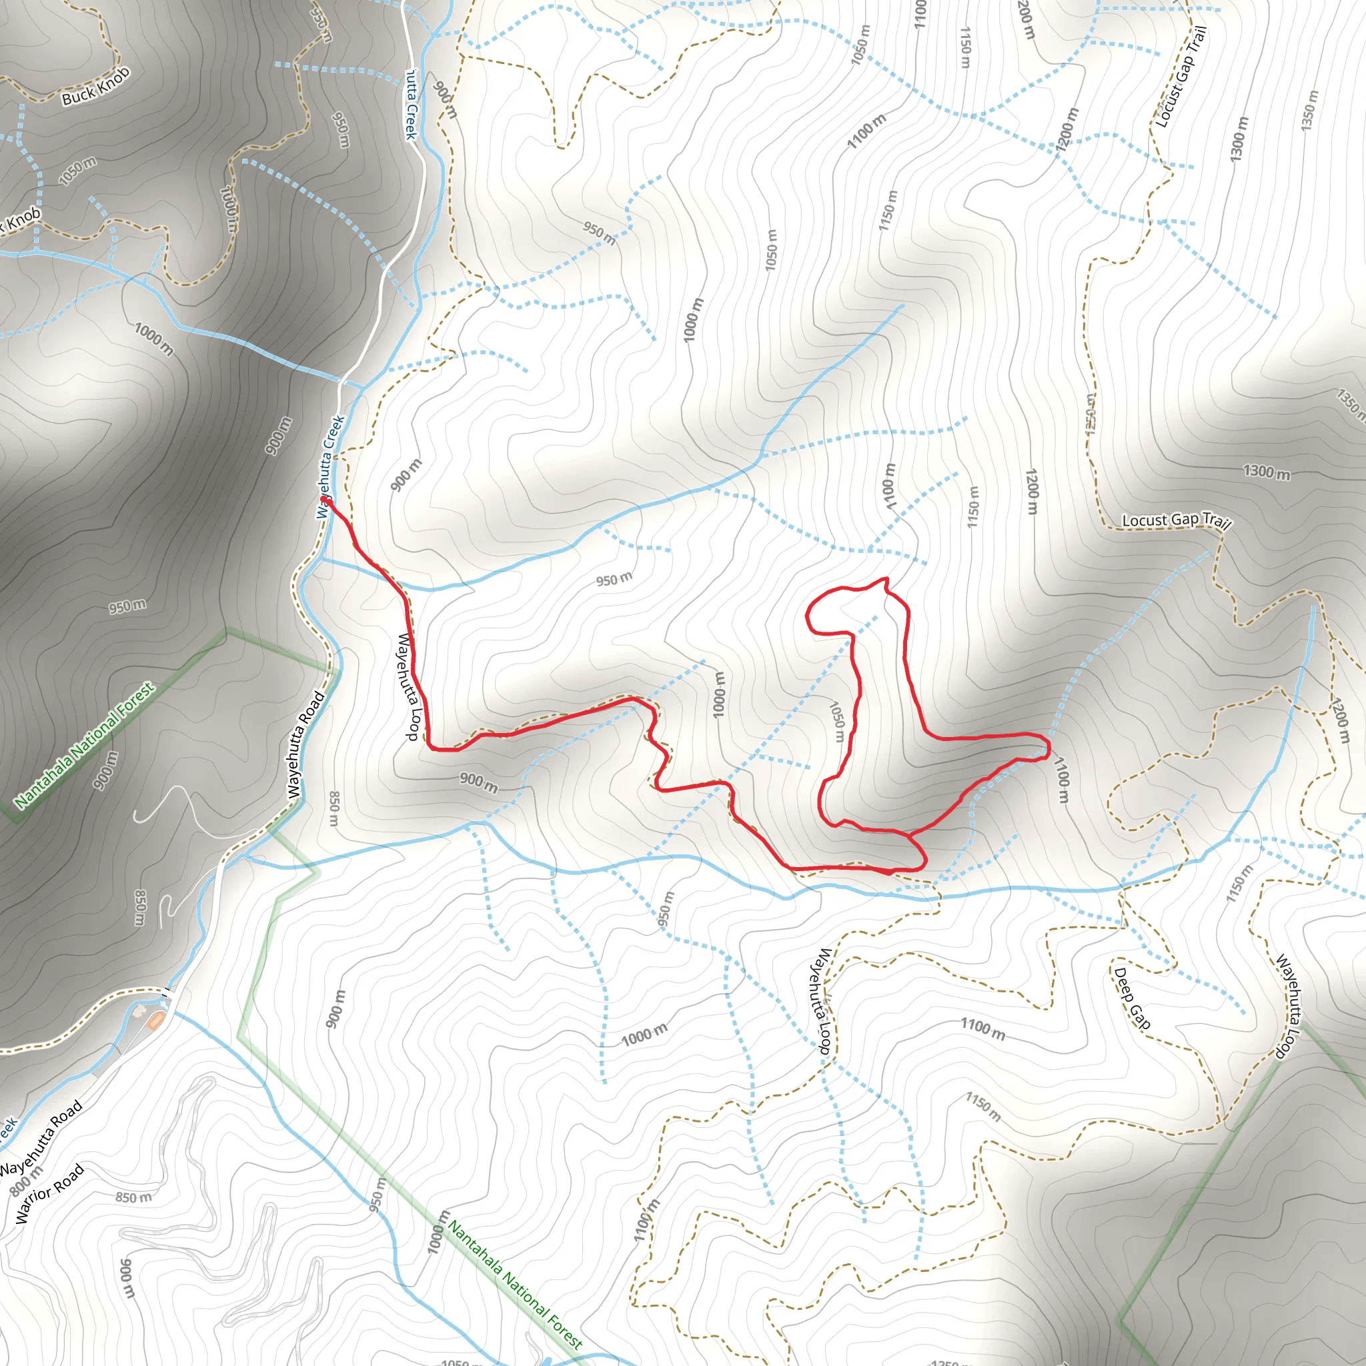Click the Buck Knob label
[x=96, y=86]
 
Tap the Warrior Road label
[x=49, y=1193]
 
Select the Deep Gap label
[x=1132, y=998]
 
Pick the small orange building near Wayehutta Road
[x=155, y=1020]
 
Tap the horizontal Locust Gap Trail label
[x=1177, y=520]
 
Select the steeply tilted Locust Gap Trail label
[x=1181, y=77]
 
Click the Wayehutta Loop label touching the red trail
[x=408, y=686]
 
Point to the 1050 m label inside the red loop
[x=837, y=721]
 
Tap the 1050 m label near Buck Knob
[x=78, y=172]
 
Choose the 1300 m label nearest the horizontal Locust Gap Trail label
[x=1267, y=472]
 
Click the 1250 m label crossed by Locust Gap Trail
[x=1091, y=414]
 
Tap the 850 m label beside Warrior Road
[x=133, y=1197]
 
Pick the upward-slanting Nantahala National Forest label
[x=83, y=744]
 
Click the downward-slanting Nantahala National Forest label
[x=516, y=1285]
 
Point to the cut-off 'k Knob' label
[x=21, y=220]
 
